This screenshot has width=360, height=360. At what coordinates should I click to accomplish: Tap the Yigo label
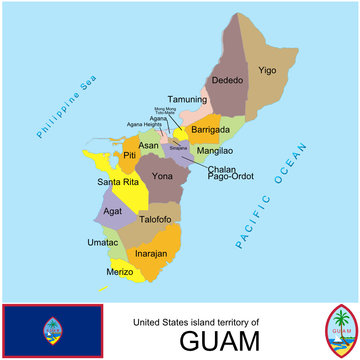(267, 71)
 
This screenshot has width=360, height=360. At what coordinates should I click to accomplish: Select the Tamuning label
(187, 99)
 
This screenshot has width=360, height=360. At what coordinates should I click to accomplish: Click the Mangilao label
(215, 150)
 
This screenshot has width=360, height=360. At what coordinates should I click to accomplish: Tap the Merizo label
(121, 271)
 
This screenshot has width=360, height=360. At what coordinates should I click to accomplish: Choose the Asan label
(148, 145)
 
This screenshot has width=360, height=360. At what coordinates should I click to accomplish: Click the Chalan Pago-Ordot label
(228, 174)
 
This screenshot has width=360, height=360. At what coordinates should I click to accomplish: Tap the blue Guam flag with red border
(52, 331)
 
